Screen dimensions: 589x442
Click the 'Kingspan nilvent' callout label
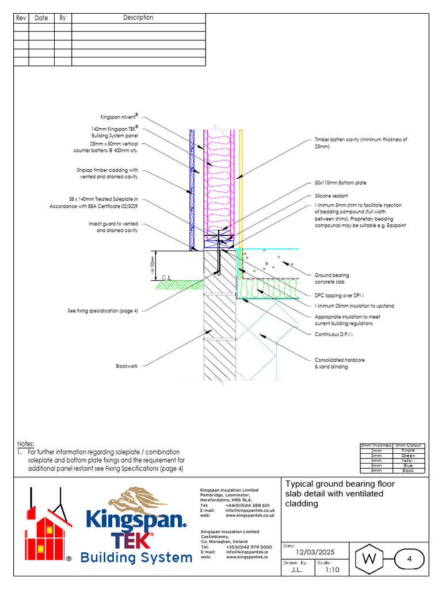(120, 116)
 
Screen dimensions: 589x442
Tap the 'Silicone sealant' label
(331, 196)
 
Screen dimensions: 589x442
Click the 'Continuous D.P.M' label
(334, 334)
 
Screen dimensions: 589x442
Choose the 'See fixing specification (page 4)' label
(102, 311)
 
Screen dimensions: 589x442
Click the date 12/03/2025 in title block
(315, 552)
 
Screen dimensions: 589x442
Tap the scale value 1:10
(331, 571)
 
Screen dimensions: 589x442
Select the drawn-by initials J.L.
(296, 571)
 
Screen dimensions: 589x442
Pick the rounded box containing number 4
(409, 559)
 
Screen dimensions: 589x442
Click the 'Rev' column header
(21, 18)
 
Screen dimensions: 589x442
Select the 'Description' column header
(138, 18)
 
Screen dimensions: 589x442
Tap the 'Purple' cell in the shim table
(407, 450)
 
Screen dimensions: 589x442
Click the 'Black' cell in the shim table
(407, 471)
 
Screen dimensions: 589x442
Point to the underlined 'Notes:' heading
(25, 444)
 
